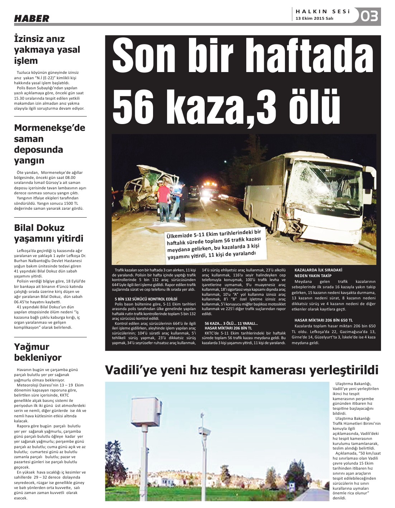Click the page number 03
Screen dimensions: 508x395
(369, 16)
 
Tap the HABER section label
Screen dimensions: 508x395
(32, 18)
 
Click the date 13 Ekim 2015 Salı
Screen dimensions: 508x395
(314, 18)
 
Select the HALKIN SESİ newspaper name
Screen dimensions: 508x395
(323, 11)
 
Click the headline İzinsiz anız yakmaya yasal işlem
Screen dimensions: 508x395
(47, 49)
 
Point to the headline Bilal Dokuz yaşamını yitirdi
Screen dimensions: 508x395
(48, 233)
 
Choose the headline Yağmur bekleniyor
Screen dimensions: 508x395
(38, 352)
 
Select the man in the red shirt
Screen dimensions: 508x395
(163, 201)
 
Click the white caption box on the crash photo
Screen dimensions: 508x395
(215, 244)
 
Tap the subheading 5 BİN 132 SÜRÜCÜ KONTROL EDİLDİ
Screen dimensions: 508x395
(146, 299)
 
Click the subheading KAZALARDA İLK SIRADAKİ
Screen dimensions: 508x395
(318, 270)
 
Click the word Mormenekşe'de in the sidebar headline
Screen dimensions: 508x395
(49, 128)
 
